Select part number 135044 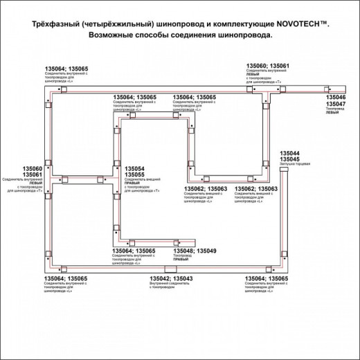[289, 152]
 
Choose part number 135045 [289, 159]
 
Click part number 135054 [135, 168]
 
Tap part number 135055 [135, 174]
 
